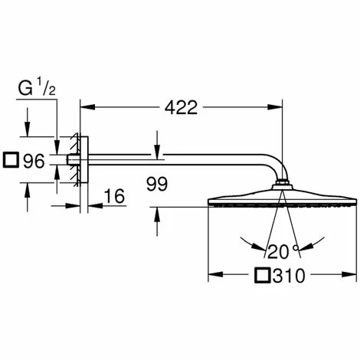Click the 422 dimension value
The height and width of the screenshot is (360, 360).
coord(181,107)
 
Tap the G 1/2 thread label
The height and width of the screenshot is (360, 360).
coord(37,87)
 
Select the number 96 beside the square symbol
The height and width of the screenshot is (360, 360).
coord(34,161)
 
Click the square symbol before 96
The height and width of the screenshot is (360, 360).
coord(11,160)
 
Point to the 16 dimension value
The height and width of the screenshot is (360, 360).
coord(115,196)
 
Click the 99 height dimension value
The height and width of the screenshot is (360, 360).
coord(157,184)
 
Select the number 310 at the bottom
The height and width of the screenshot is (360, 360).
coord(289,276)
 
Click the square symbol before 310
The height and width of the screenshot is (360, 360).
coord(263,275)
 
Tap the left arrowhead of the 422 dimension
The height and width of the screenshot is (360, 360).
coord(87,107)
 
